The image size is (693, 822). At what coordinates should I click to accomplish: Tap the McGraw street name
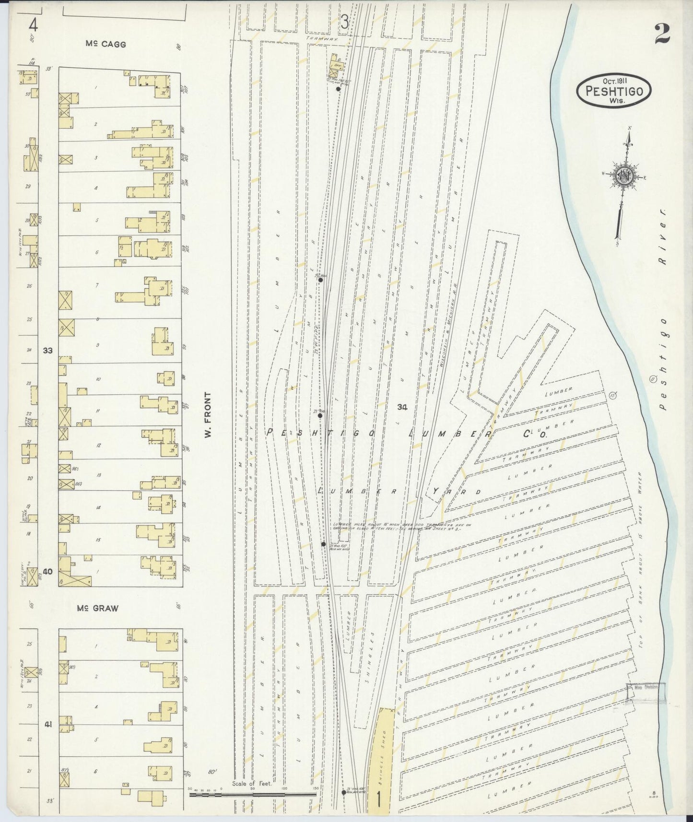(97, 608)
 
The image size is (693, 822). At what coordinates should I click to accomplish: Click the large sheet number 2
(662, 34)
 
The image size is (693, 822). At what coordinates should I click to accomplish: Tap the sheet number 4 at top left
(33, 23)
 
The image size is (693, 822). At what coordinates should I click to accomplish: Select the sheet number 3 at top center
(344, 22)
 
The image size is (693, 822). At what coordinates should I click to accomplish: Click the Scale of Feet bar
(253, 795)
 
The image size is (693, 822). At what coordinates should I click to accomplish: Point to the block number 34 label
(402, 407)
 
